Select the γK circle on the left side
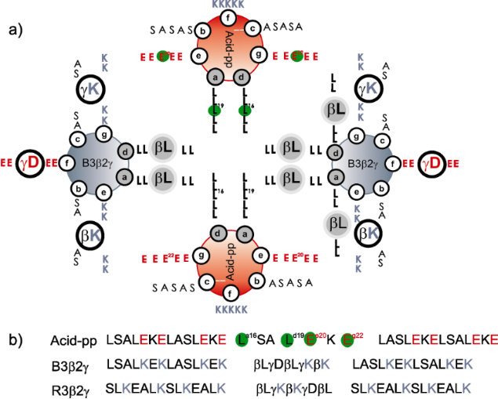coord(91,91)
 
